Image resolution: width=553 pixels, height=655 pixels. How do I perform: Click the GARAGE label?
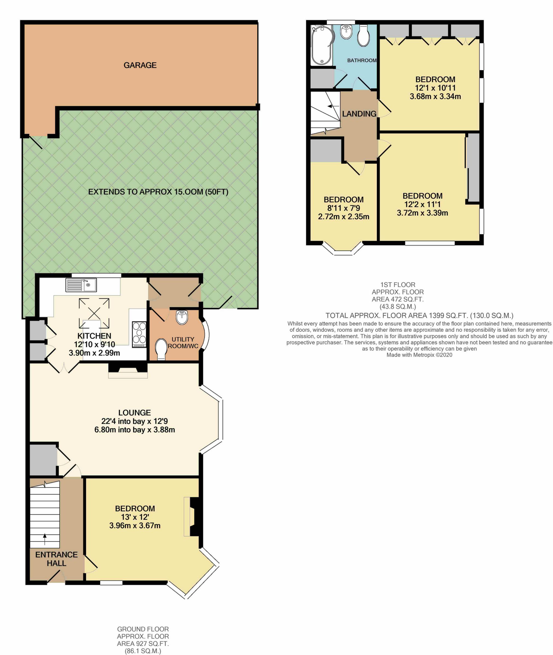click(x=140, y=65)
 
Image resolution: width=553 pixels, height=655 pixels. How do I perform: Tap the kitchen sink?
click(x=81, y=285)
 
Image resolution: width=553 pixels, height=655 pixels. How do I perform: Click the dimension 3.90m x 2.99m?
click(x=94, y=353)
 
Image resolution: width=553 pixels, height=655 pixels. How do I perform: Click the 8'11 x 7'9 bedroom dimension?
click(x=344, y=208)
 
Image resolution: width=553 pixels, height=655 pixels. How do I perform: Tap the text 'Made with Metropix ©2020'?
click(x=419, y=355)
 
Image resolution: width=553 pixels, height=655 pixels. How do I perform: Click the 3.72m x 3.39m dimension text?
click(x=422, y=213)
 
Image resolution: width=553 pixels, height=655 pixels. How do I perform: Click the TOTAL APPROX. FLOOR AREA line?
click(x=419, y=315)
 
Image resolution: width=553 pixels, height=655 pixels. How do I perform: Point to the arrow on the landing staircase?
click(x=330, y=106)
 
